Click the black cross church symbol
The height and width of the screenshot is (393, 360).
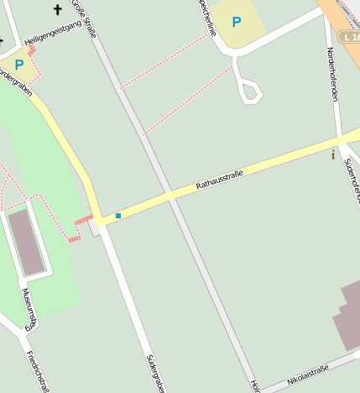(x=58, y=10)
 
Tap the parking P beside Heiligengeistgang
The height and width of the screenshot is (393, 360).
(x=18, y=64)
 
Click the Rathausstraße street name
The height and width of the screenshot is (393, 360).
(x=219, y=179)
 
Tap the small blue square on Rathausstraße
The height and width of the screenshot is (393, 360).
(x=118, y=216)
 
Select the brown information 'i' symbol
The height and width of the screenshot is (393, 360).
(x=333, y=155)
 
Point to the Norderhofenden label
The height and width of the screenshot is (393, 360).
(x=333, y=76)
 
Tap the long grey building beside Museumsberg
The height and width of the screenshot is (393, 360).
(x=27, y=242)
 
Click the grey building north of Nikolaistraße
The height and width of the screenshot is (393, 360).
(x=349, y=316)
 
